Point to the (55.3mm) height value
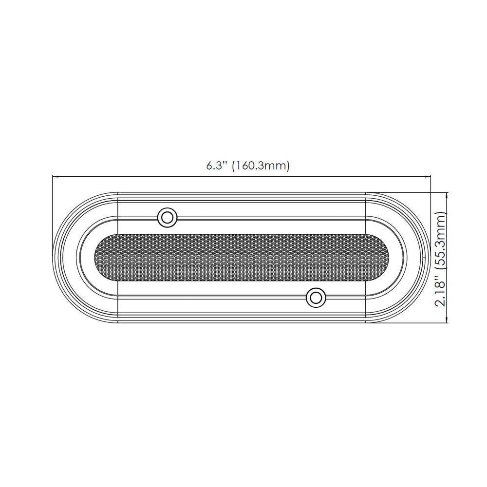tap(440, 240)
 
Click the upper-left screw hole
tap(167, 217)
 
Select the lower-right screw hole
tap(316, 297)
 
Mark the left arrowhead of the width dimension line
tap(55, 177)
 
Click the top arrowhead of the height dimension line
tap(447, 194)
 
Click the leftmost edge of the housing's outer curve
tap(53, 258)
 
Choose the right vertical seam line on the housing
tap(366, 258)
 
